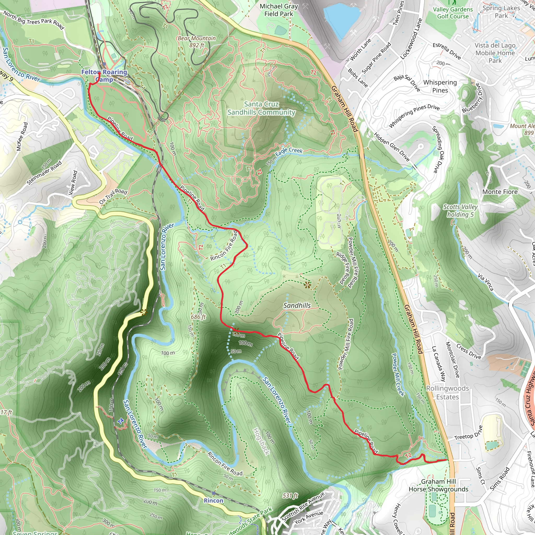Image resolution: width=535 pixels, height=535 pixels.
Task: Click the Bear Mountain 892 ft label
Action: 197,42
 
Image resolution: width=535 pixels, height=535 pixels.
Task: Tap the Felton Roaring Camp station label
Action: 104,75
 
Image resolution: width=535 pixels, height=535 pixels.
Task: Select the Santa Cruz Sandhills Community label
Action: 261,108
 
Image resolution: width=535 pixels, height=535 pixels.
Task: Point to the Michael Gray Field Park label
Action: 278,10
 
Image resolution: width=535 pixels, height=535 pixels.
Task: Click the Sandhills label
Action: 297,305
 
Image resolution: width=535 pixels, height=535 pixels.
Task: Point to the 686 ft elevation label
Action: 198,317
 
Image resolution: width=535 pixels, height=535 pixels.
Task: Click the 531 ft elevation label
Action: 290,496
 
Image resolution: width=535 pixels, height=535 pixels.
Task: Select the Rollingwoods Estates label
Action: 447,393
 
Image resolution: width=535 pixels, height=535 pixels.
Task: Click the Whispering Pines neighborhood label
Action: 440,86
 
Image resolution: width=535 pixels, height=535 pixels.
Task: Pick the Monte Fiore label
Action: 500,192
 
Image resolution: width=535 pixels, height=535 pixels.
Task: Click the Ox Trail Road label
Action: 113,196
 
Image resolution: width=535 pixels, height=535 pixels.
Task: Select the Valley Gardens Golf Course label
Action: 453,13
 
